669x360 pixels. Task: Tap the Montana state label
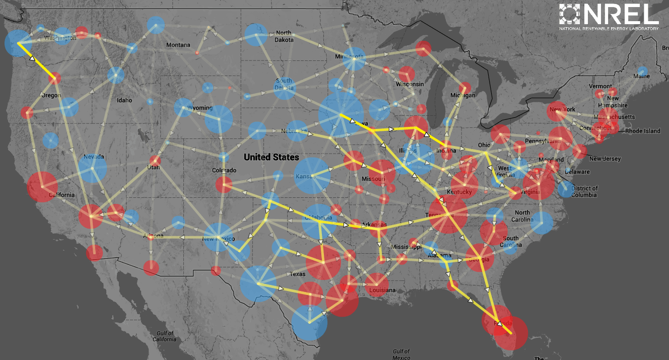click(x=178, y=45)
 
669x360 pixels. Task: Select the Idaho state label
click(x=124, y=100)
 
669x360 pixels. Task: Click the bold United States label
click(x=271, y=157)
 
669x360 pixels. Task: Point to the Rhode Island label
click(x=642, y=131)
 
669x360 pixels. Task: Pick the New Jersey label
click(x=605, y=159)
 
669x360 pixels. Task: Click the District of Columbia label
click(x=585, y=191)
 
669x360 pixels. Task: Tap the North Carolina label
click(x=522, y=216)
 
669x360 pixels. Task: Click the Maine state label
click(x=641, y=76)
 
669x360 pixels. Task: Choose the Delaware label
click(x=577, y=172)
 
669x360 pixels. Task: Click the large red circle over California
click(x=43, y=186)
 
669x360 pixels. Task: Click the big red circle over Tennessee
click(x=447, y=214)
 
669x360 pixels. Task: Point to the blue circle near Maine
click(x=642, y=70)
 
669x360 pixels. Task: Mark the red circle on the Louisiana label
click(x=376, y=284)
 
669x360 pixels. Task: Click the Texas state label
click(x=297, y=274)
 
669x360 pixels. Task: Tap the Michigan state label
click(x=463, y=95)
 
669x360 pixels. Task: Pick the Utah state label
click(x=153, y=167)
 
